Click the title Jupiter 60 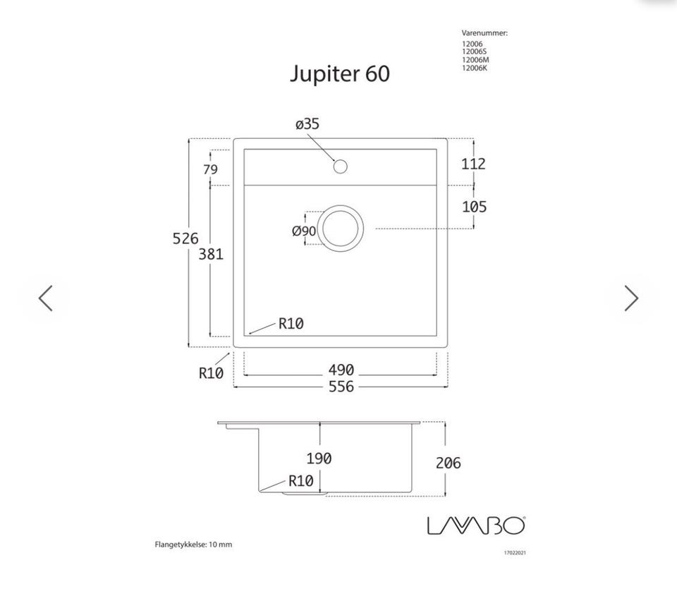(340, 74)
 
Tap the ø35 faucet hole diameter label (307, 124)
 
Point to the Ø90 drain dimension (304, 231)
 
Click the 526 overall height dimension (185, 238)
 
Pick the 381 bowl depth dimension (211, 255)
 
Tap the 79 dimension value (210, 169)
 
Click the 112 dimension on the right (474, 164)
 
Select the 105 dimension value (474, 207)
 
